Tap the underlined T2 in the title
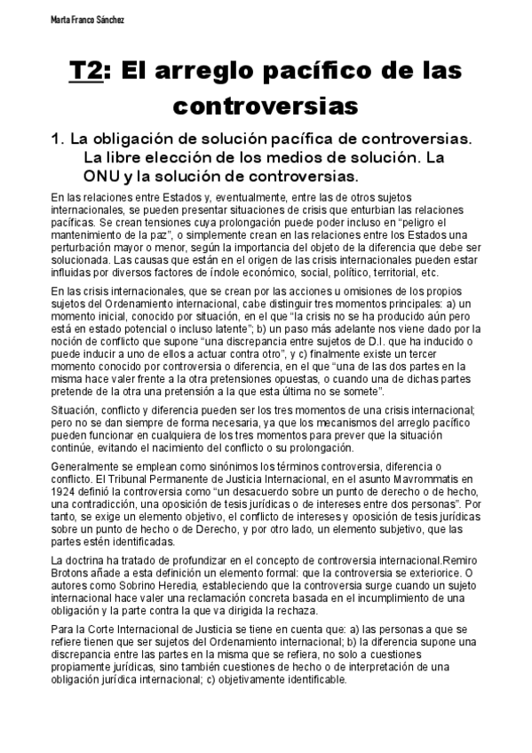(84, 72)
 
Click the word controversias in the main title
(266, 106)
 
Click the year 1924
(65, 490)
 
